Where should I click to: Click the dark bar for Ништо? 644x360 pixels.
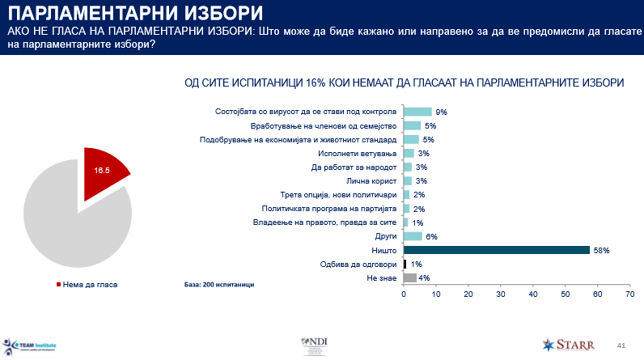click(x=497, y=250)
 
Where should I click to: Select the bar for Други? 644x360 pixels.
click(x=413, y=236)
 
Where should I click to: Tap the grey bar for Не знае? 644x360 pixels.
click(x=410, y=278)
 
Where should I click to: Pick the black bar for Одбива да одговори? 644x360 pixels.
click(x=405, y=264)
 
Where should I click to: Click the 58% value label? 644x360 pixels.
click(x=600, y=250)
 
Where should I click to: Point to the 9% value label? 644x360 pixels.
click(x=442, y=112)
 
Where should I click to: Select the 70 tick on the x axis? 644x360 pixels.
click(x=629, y=294)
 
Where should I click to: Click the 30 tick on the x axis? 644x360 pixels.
click(x=501, y=294)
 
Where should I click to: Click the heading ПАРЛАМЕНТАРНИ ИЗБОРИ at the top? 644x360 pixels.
click(x=133, y=13)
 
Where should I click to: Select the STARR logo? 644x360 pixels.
click(x=572, y=344)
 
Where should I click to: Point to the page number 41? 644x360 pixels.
click(x=621, y=344)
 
